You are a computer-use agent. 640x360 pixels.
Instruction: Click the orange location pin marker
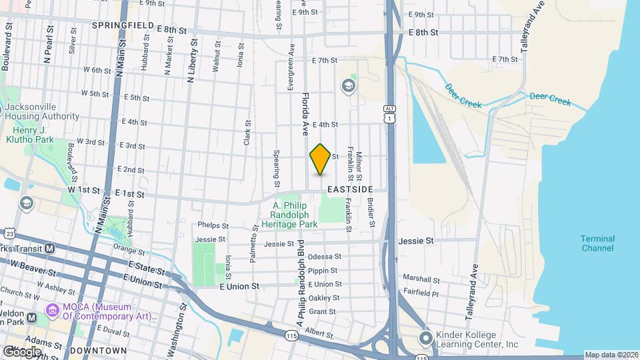pos(320,159)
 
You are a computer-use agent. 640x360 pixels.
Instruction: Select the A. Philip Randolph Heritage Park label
pos(294,217)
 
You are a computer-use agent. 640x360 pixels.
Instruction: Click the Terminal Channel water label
pos(597,243)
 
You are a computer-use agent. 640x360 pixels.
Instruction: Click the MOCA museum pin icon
pos(51,311)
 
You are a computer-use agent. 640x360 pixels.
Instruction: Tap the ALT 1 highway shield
pos(389,113)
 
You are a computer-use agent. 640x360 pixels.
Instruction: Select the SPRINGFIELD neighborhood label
pos(123,25)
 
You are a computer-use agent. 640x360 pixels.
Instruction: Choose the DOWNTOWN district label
pos(99,350)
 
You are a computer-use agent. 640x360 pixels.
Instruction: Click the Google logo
pos(21,351)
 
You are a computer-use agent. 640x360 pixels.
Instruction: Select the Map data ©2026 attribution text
pos(611,355)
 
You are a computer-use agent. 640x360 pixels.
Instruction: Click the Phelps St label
pos(212,226)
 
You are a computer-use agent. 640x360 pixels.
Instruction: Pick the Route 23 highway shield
pos(9,233)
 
